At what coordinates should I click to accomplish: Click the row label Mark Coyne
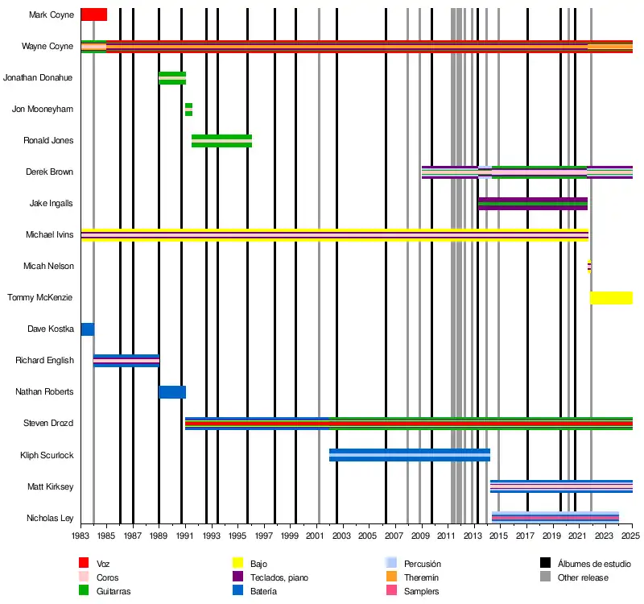click(52, 14)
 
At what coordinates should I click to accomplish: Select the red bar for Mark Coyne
click(93, 14)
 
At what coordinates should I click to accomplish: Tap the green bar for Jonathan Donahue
click(172, 78)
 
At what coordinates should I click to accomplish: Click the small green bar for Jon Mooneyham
click(188, 110)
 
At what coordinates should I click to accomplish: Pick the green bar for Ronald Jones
click(221, 141)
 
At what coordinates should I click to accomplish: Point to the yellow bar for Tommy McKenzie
click(611, 298)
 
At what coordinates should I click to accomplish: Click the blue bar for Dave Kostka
click(88, 329)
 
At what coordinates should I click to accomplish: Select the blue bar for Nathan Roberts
click(172, 392)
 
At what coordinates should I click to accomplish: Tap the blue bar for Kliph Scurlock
click(409, 455)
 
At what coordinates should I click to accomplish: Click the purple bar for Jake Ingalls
click(532, 204)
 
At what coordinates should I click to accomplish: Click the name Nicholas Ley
click(50, 518)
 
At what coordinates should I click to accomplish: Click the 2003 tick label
click(342, 535)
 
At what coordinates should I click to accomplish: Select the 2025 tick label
click(632, 535)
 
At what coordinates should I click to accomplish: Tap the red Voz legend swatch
click(84, 563)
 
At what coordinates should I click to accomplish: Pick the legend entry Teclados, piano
click(279, 577)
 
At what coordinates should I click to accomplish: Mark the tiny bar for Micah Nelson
click(589, 267)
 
